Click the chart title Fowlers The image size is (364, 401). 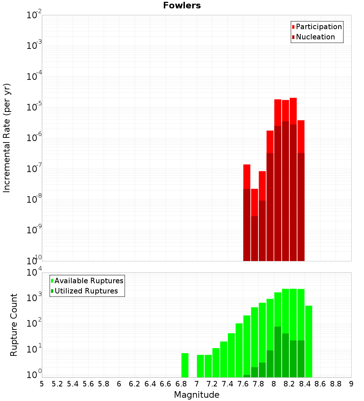click(182, 5)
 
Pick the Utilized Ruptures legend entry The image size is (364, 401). click(86, 291)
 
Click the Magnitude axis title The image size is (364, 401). click(197, 395)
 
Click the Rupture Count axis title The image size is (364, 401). click(14, 324)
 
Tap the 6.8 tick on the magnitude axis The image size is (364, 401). click(181, 384)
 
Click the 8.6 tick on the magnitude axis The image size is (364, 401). click(320, 384)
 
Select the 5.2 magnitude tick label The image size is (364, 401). click(58, 384)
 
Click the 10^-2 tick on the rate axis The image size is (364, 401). click(34, 15)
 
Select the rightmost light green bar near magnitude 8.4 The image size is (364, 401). click(309, 341)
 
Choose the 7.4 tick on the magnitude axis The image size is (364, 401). click(227, 384)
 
